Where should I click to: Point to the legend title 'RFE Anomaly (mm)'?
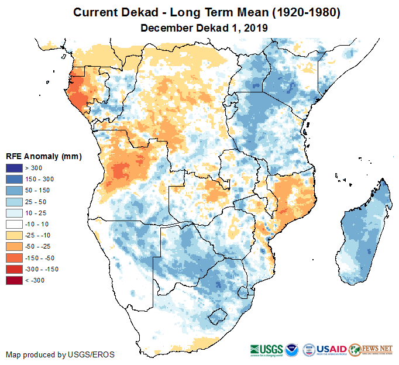tap(44, 156)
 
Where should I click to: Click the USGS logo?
tap(267, 349)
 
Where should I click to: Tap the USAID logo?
tap(332, 349)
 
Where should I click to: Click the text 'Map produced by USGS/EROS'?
tap(60, 354)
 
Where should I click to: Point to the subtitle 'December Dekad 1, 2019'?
tap(204, 27)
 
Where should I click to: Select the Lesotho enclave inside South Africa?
tap(218, 316)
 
